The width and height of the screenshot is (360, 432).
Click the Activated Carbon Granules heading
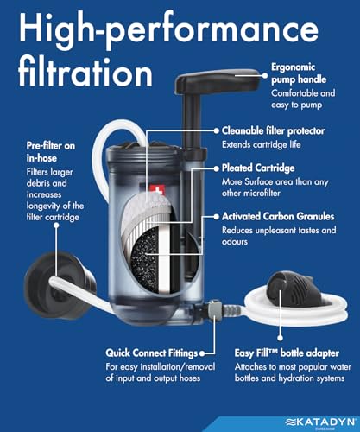pyautogui.click(x=277, y=216)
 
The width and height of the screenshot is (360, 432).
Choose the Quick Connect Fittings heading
pyautogui.click(x=155, y=353)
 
